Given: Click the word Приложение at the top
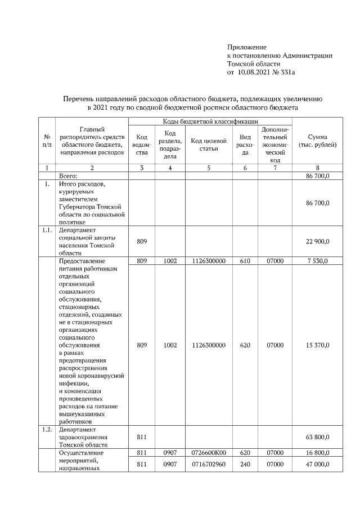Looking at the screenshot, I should click(x=246, y=47).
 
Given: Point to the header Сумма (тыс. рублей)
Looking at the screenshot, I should click(x=318, y=141).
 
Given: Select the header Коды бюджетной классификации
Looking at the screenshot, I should click(x=210, y=121).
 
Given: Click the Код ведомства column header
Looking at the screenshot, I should click(x=142, y=145).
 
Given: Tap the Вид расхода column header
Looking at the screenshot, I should click(x=245, y=145).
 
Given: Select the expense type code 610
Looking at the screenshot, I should click(x=245, y=261).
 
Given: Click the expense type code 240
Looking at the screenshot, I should click(x=245, y=465).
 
